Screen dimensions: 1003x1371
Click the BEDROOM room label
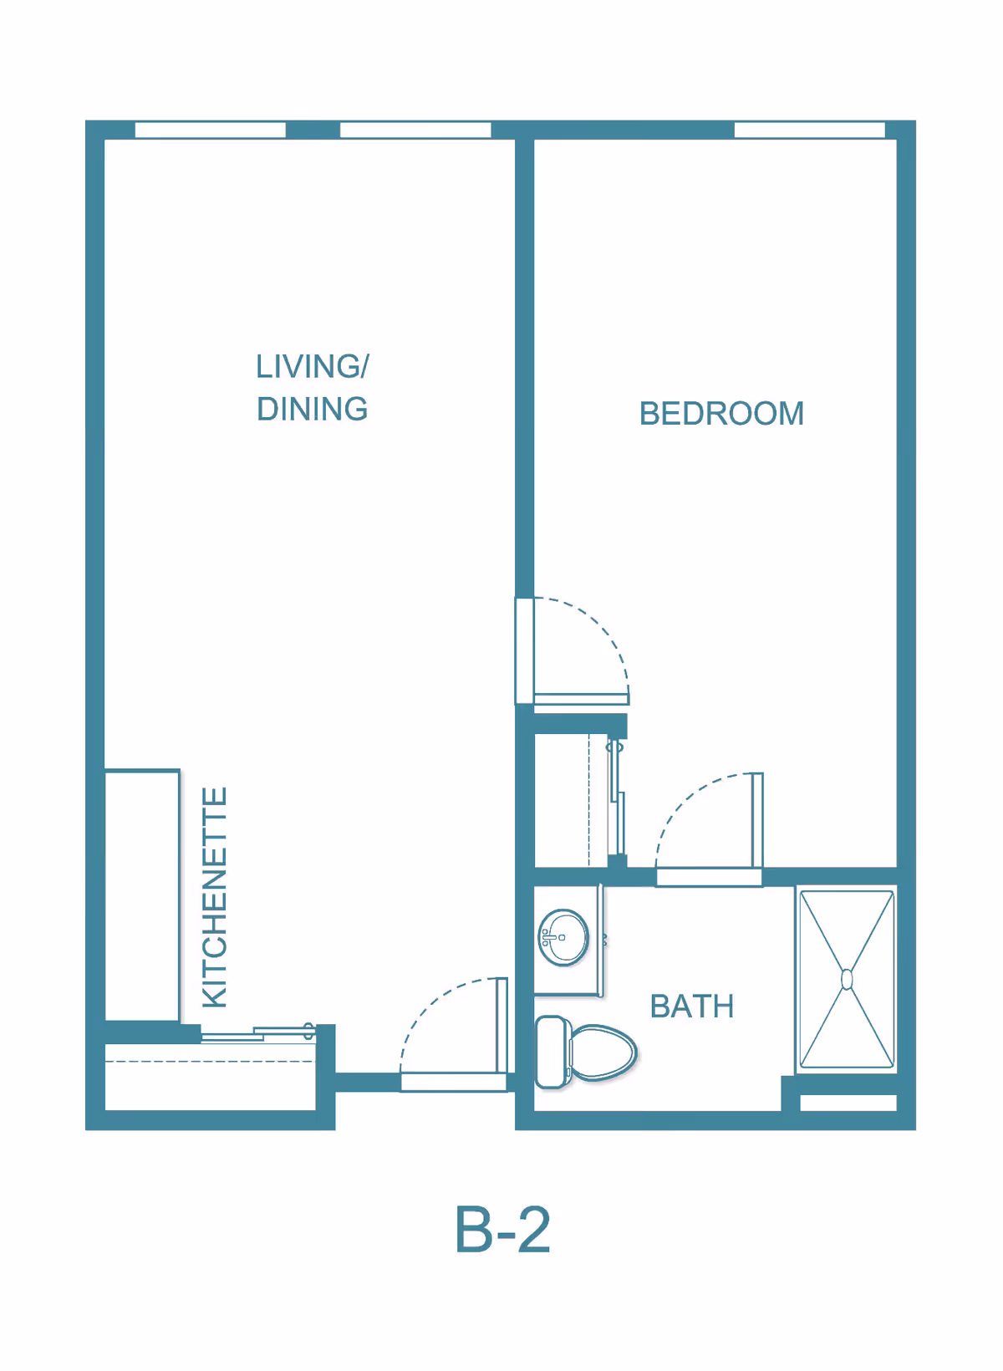[x=720, y=414]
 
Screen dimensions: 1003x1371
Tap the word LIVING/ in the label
[x=312, y=367]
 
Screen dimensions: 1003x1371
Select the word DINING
[x=312, y=409]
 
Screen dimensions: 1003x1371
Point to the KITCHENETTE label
[x=215, y=897]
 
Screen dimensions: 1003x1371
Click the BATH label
[x=691, y=1007]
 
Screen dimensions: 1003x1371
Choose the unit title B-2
[x=502, y=1231]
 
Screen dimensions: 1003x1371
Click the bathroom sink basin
[x=563, y=937]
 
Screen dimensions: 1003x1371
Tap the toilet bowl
[x=603, y=1052]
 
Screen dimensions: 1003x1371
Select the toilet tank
[x=552, y=1052]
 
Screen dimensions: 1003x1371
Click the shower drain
[x=847, y=979]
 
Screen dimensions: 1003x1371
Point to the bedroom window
[x=809, y=130]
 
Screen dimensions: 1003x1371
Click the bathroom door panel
[x=757, y=820]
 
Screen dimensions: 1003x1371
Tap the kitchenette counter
[x=142, y=894]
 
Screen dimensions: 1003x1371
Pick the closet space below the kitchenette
[x=210, y=1077]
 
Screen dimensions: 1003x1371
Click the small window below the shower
[x=848, y=1103]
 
